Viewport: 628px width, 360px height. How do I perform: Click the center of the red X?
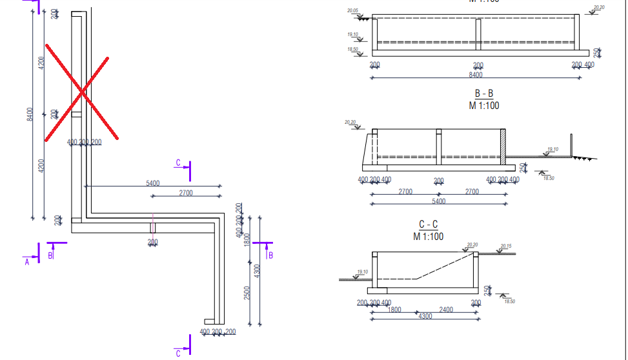tap(81, 95)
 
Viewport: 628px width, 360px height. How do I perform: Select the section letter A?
tap(27, 261)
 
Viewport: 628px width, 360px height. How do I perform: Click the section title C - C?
tap(429, 225)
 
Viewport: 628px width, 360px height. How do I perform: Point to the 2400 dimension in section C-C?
tap(445, 310)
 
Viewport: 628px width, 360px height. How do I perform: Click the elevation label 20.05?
tap(352, 11)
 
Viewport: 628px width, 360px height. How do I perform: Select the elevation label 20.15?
tap(505, 246)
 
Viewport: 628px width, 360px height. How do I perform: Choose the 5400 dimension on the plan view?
tap(153, 183)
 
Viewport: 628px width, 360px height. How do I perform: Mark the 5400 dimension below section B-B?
tap(438, 201)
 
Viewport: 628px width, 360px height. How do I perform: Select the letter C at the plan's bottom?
tap(178, 353)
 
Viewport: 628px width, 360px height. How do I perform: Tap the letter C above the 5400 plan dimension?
tap(178, 163)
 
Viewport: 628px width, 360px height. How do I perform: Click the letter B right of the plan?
tap(270, 255)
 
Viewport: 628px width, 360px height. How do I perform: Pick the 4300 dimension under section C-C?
tap(425, 317)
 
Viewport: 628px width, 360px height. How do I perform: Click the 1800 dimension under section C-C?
tap(394, 310)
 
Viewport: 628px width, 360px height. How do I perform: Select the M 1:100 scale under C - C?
tap(429, 236)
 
